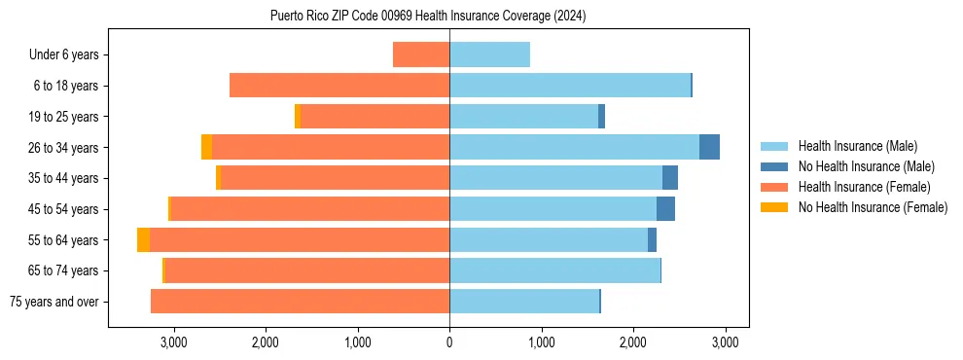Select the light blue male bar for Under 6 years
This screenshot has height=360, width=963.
tap(489, 54)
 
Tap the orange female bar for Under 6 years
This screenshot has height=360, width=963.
tap(421, 54)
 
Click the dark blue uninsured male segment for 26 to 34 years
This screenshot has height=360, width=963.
tap(709, 147)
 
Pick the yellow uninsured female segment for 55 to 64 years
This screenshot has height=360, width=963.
tap(143, 239)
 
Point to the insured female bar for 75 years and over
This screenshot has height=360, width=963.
tap(300, 302)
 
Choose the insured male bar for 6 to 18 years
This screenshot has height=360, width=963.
tap(569, 86)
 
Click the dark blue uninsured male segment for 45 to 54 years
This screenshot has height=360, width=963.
tap(665, 209)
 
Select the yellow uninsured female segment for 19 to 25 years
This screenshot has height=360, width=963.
tap(298, 117)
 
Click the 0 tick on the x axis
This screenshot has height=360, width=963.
tap(449, 342)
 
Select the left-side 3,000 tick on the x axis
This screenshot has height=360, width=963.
tap(173, 342)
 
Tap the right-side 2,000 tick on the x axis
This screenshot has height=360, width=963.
tap(632, 342)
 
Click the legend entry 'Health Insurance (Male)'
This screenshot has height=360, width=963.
tap(857, 146)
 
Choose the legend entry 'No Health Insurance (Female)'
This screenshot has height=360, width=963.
tap(873, 207)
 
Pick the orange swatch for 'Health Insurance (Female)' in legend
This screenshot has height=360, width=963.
tap(774, 187)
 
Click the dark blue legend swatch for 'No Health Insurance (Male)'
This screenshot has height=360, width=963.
tap(774, 166)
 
